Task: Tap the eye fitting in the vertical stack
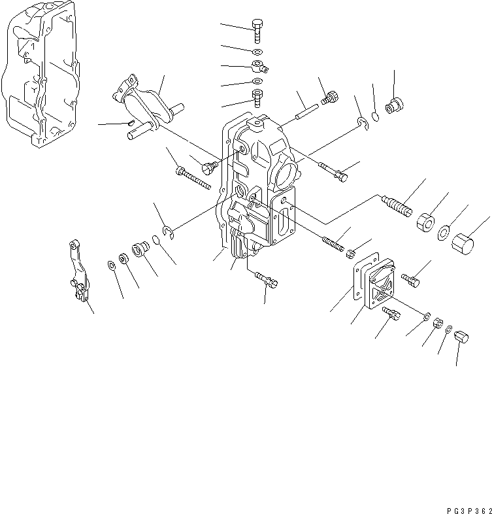(259, 67)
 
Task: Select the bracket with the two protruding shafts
(147, 108)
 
